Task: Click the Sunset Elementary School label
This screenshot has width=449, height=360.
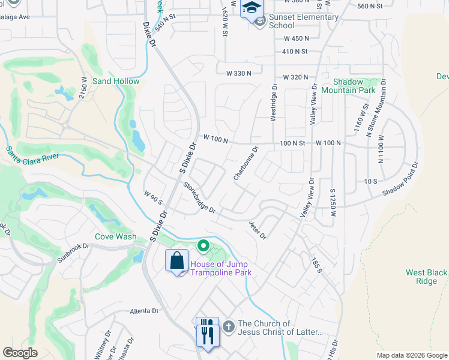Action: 303,21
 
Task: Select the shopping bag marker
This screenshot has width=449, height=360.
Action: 176,262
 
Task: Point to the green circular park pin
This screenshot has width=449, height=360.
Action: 203,245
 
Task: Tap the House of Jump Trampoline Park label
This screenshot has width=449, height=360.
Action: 220,268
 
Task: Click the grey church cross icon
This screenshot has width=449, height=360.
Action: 228,327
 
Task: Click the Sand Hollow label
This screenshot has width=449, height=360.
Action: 116,81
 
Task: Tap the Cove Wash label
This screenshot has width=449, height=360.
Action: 116,236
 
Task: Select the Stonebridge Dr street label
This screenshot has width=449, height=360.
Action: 199,197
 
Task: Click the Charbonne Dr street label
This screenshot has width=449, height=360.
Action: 246,163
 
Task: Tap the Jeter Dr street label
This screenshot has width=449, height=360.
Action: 257,229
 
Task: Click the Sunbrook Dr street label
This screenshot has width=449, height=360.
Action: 73,246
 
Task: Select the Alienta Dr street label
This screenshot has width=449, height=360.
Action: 143,311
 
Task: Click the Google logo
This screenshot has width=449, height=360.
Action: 20,352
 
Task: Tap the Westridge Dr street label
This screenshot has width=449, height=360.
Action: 274,106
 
